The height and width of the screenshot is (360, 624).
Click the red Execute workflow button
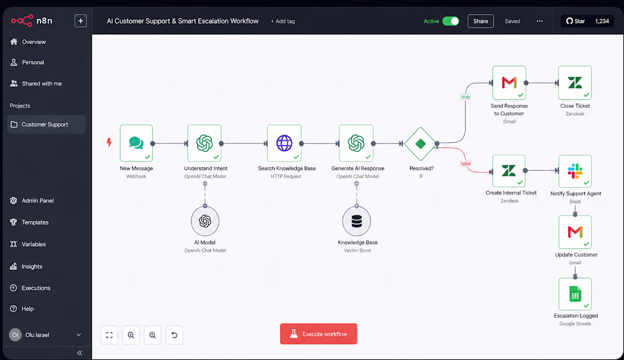coord(318,334)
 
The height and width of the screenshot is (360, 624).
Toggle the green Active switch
coord(450,21)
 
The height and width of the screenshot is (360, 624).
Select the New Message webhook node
coord(136,143)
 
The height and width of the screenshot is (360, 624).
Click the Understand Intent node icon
coord(205,143)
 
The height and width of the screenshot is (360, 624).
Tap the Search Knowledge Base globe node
coord(284,143)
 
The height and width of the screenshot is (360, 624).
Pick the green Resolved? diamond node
coord(421,143)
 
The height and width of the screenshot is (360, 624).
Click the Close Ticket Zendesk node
coord(575,83)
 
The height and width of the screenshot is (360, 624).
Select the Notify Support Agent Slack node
coord(575,171)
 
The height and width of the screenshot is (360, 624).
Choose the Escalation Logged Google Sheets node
coord(575,294)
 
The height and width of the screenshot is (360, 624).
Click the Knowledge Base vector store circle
coord(357,221)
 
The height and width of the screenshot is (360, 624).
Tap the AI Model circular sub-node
coord(205,221)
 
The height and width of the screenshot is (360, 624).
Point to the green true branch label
coord(465,97)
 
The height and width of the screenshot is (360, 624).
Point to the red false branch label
coord(466,163)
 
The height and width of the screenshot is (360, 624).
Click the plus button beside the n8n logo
coord(81,20)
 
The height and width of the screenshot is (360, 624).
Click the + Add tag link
coord(283,22)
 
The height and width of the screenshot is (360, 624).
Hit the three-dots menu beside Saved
coord(539,21)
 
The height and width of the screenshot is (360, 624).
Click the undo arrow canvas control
coord(174,335)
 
